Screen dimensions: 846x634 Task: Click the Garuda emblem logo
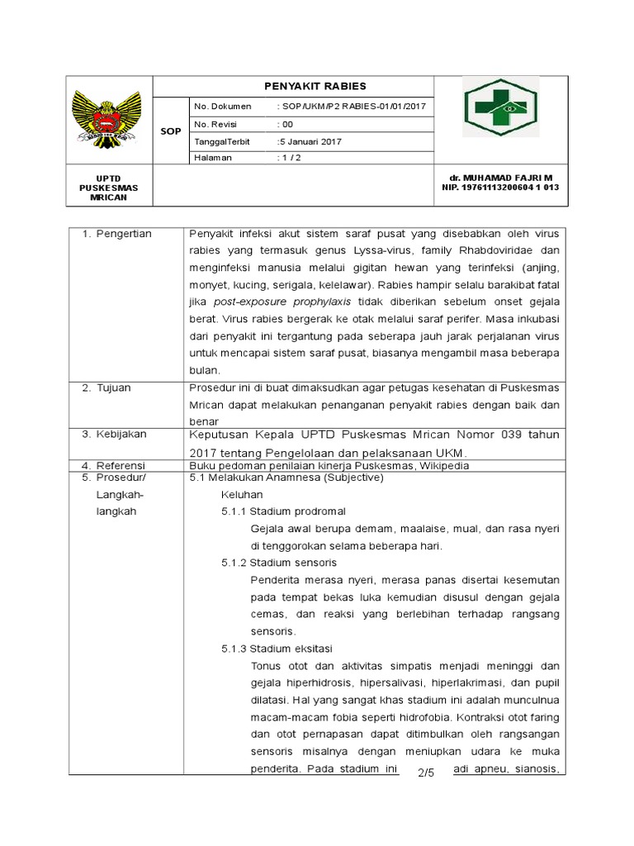(109, 119)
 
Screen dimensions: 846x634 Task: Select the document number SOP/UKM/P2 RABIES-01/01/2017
(352, 107)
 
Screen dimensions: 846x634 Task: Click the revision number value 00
(286, 124)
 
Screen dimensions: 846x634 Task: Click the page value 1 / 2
(290, 158)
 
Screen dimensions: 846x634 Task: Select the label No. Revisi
(215, 124)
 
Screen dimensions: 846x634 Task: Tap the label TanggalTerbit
(221, 141)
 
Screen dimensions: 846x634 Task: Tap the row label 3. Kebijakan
(117, 434)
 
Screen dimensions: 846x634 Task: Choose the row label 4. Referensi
(117, 465)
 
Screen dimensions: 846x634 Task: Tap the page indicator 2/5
(426, 772)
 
